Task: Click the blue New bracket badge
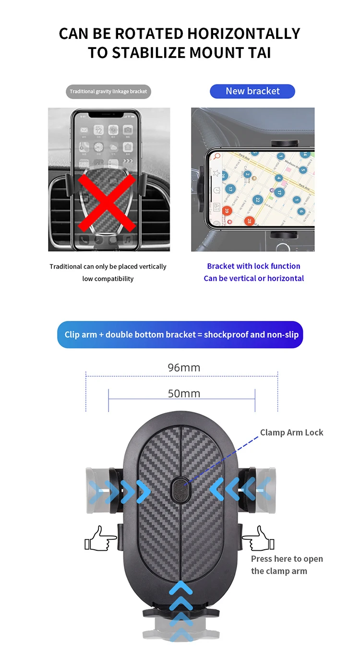pyautogui.click(x=252, y=91)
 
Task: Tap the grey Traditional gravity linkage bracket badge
pyautogui.click(x=108, y=92)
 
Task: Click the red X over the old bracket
pyautogui.click(x=107, y=203)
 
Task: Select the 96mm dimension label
pyautogui.click(x=184, y=368)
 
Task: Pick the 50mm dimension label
pyautogui.click(x=184, y=393)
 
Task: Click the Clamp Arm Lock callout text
pyautogui.click(x=291, y=433)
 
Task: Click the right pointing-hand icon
pyautogui.click(x=259, y=539)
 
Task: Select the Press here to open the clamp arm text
pyautogui.click(x=287, y=565)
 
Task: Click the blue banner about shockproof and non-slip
pyautogui.click(x=180, y=334)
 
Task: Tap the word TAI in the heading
pyautogui.click(x=259, y=53)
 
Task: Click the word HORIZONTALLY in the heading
pyautogui.click(x=243, y=34)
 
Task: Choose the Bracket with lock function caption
pyautogui.click(x=253, y=266)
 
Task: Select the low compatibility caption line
pyautogui.click(x=108, y=279)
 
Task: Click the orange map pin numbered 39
pyautogui.click(x=227, y=210)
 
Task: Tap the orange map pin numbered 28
pyautogui.click(x=249, y=221)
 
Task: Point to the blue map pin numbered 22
pyautogui.click(x=257, y=200)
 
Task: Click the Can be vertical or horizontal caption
pyautogui.click(x=253, y=278)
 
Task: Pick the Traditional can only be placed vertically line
pyautogui.click(x=108, y=266)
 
